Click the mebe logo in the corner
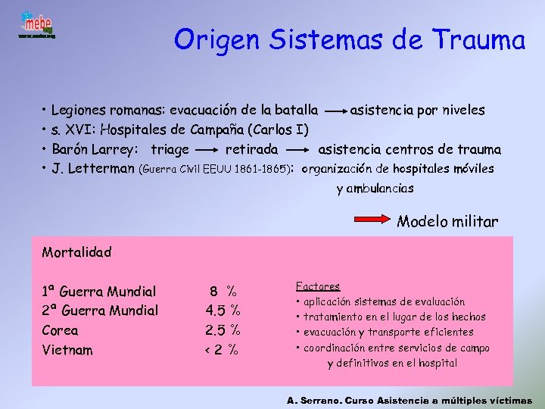pyautogui.click(x=36, y=26)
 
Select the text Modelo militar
pyautogui.click(x=447, y=222)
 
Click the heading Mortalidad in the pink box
pyautogui.click(x=76, y=252)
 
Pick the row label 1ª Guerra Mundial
pyautogui.click(x=99, y=292)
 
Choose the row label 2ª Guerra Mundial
pyautogui.click(x=101, y=311)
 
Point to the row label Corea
pyautogui.click(x=60, y=330)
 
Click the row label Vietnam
pyautogui.click(x=67, y=350)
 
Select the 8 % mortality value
pyautogui.click(x=223, y=291)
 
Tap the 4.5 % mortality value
pyautogui.click(x=223, y=311)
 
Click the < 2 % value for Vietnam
pyautogui.click(x=222, y=350)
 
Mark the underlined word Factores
pyautogui.click(x=317, y=286)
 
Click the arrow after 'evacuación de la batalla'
pyautogui.click(x=334, y=111)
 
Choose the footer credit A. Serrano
pyautogui.click(x=312, y=400)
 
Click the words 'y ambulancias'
pyautogui.click(x=375, y=189)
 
